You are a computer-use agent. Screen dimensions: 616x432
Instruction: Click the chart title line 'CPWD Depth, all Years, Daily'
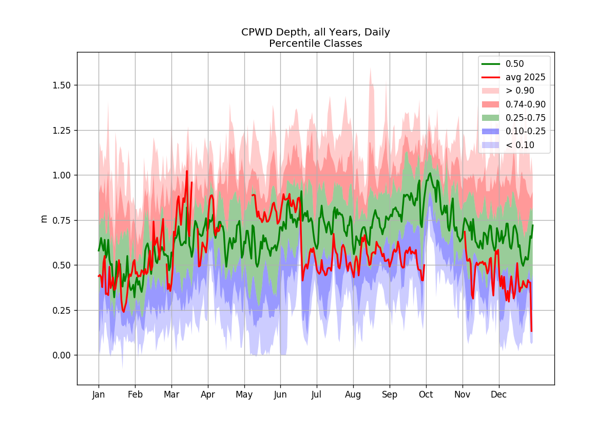click(315, 32)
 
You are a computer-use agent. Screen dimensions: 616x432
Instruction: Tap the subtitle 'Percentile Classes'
click(315, 44)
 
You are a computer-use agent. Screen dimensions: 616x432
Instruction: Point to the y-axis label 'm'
click(44, 219)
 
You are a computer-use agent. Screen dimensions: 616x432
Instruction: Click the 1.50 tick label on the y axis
click(62, 85)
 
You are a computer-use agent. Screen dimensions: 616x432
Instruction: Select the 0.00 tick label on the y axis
click(62, 355)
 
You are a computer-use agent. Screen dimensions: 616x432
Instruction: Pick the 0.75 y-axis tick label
click(62, 221)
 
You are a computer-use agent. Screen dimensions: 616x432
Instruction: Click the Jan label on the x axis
click(99, 394)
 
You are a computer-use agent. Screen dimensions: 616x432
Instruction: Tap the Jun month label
click(280, 394)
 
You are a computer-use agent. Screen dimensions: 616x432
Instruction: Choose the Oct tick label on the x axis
click(426, 394)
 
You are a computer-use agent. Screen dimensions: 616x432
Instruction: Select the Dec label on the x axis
click(499, 394)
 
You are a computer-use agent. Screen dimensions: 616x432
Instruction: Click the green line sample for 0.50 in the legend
click(491, 64)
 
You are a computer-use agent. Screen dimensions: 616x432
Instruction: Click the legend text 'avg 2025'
click(526, 78)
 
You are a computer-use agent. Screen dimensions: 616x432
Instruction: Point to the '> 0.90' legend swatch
click(491, 91)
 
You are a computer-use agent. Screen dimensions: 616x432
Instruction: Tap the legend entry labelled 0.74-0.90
click(526, 104)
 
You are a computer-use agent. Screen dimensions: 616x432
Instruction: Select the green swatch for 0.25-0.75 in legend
click(491, 118)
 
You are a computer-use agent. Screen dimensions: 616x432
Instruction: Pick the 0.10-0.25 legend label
click(526, 132)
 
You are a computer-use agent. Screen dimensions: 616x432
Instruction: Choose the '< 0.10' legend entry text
click(519, 145)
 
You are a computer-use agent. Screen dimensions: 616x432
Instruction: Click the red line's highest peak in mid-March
click(187, 171)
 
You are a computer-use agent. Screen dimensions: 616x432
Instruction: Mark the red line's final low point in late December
click(532, 331)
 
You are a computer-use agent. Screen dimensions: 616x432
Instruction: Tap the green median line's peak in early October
click(430, 173)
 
